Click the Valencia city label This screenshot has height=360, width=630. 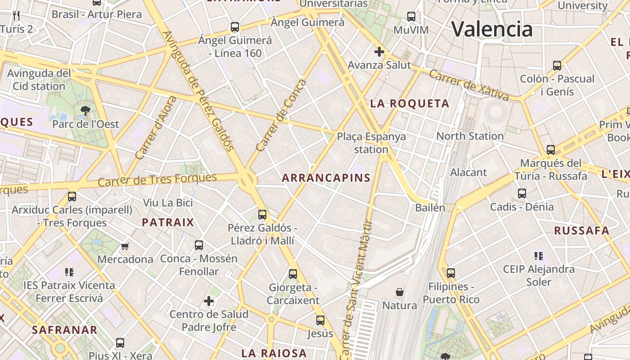(492, 29)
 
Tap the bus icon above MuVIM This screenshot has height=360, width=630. (411, 17)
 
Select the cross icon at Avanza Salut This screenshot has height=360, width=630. (379, 52)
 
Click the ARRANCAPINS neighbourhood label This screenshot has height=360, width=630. (326, 178)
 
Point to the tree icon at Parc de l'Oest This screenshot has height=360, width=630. (85, 110)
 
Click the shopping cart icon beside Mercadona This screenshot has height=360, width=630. (125, 246)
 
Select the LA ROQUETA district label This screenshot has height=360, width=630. (409, 103)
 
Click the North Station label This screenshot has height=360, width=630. (470, 136)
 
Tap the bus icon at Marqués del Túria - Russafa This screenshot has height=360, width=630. (550, 149)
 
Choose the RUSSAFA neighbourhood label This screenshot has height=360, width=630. (581, 231)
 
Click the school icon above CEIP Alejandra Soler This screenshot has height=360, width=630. (538, 256)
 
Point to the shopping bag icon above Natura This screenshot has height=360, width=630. (399, 292)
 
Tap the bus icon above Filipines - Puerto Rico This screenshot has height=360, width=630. (450, 273)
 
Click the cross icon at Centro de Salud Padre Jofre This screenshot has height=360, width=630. (209, 301)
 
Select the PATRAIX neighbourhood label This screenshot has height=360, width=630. (168, 222)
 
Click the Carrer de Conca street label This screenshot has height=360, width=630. (281, 116)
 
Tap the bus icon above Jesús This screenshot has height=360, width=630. (320, 320)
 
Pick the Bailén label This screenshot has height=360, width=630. (430, 207)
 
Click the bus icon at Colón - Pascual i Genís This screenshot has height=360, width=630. (557, 65)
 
